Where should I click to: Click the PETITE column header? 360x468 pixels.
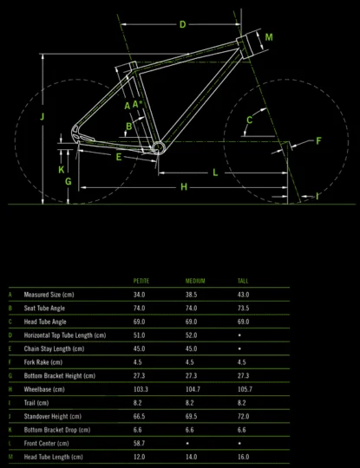point(141,281)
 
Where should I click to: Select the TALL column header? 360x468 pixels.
point(243,281)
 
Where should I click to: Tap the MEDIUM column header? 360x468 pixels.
point(195,281)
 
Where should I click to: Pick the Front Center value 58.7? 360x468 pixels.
point(139,443)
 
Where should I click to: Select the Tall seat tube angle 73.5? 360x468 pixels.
point(243,308)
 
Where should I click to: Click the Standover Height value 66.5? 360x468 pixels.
point(139,416)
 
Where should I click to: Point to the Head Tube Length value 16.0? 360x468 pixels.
point(243,457)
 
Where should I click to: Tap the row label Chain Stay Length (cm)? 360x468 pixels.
point(54,348)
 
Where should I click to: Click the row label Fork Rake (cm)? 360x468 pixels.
point(43,362)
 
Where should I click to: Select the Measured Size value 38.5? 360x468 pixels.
point(191,295)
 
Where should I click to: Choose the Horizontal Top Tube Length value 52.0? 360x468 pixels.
point(191,335)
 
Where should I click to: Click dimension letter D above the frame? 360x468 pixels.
point(182,24)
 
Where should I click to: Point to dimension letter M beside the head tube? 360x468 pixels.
point(269,37)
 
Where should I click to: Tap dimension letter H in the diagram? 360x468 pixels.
point(184,187)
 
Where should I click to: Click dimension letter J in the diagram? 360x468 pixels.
point(43,116)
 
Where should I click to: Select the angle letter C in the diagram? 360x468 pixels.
point(250,120)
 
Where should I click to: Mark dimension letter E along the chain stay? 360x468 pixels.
point(119,157)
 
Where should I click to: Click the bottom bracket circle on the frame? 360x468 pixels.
point(159,148)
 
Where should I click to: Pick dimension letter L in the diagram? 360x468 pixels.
point(215,172)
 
